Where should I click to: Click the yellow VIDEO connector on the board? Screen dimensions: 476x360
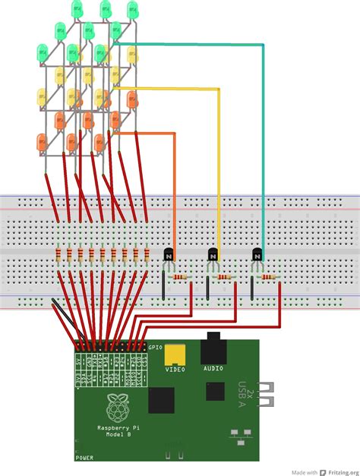pyautogui.click(x=177, y=354)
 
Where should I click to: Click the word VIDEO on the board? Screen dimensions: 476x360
pyautogui.click(x=176, y=370)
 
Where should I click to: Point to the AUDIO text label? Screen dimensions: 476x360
pyautogui.click(x=213, y=370)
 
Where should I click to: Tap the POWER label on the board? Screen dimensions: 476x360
pyautogui.click(x=84, y=458)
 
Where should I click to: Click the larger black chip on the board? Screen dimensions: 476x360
pyautogui.click(x=162, y=400)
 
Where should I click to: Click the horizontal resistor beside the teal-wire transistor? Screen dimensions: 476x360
pyautogui.click(x=267, y=278)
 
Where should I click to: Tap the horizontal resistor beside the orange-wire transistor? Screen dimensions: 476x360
pyautogui.click(x=179, y=278)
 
